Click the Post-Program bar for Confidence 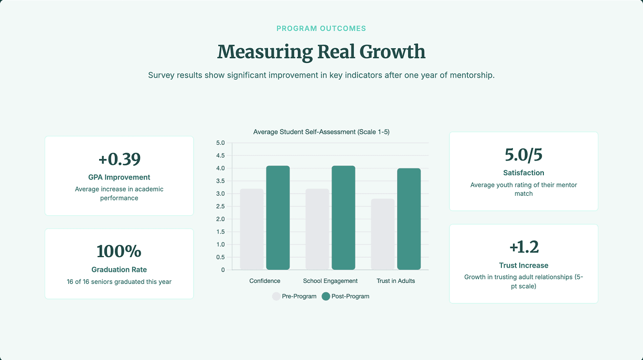tap(278, 218)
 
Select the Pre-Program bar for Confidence tap(252, 229)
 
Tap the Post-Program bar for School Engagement tap(344, 218)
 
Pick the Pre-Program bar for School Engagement tap(317, 229)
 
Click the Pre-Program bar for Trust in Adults tap(383, 235)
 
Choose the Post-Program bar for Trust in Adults tap(409, 219)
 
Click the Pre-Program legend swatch tap(276, 297)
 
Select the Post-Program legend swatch tap(326, 297)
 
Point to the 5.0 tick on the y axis tap(220, 143)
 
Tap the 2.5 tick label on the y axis tap(220, 206)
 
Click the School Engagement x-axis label tap(330, 281)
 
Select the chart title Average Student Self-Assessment tap(321, 132)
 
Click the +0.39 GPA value tap(119, 160)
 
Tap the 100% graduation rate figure tap(119, 251)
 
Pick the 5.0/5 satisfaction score tap(523, 155)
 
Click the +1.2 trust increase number tap(523, 247)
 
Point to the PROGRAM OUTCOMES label tap(321, 28)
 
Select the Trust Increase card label tap(523, 266)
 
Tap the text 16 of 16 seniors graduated tap(119, 282)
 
